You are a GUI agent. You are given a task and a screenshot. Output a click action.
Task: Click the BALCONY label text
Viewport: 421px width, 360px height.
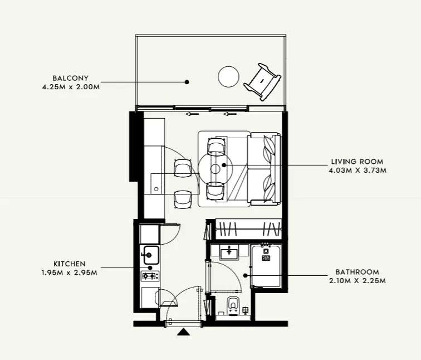tap(70, 78)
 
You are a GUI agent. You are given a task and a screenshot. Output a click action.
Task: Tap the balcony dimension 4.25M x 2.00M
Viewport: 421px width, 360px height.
tap(70, 87)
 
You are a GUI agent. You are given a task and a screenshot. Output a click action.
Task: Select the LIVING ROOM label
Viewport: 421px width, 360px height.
tap(357, 162)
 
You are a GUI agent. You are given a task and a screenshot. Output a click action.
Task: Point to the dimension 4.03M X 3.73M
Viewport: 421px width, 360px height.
tap(357, 171)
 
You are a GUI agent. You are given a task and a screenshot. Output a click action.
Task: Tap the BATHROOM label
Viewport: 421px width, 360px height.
tap(357, 272)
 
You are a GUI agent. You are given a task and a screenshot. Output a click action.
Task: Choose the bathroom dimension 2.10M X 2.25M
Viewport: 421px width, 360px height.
tap(357, 281)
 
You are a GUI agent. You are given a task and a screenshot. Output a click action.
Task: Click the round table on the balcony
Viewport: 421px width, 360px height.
tap(228, 77)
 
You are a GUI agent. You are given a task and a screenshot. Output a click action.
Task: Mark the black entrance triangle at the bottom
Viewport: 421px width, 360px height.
tap(183, 332)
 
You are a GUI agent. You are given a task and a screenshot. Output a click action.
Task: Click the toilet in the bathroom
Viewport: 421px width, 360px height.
tap(233, 304)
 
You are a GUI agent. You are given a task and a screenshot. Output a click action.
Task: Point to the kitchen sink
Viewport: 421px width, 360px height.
tap(150, 256)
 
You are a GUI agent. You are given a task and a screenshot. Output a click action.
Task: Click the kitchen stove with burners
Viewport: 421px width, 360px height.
tap(150, 275)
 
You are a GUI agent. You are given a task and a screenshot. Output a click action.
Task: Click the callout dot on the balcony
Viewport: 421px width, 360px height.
tap(187, 82)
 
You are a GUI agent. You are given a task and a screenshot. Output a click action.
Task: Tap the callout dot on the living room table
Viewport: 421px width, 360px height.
tap(224, 165)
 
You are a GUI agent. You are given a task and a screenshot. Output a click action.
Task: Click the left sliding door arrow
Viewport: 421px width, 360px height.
tap(193, 115)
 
